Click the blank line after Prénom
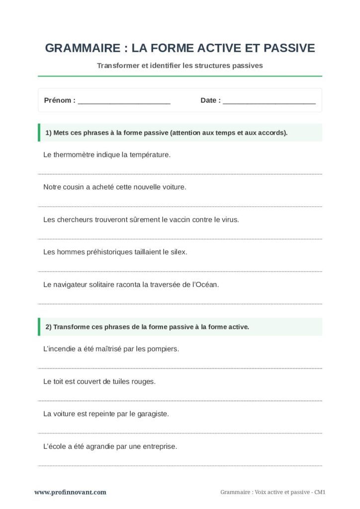(x=124, y=101)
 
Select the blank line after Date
(x=269, y=101)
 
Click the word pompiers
(x=162, y=349)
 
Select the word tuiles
(x=118, y=382)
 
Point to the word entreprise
(x=160, y=446)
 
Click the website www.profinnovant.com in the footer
(x=70, y=492)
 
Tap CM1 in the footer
(x=321, y=492)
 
